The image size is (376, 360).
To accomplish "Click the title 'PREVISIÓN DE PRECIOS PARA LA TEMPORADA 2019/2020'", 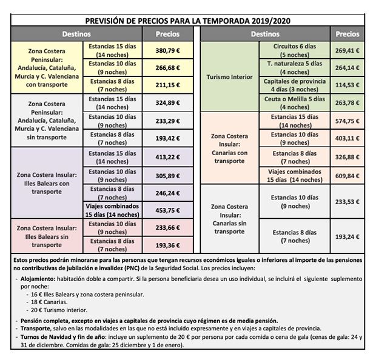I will tap(188, 21).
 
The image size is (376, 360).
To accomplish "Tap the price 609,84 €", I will tap(347, 176).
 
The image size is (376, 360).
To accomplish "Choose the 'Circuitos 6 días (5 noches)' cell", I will tap(296, 50).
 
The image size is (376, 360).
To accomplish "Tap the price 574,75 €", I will tap(347, 120).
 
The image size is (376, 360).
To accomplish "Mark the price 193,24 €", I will tap(347, 236).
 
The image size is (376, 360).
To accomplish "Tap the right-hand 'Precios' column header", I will tap(347, 34).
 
